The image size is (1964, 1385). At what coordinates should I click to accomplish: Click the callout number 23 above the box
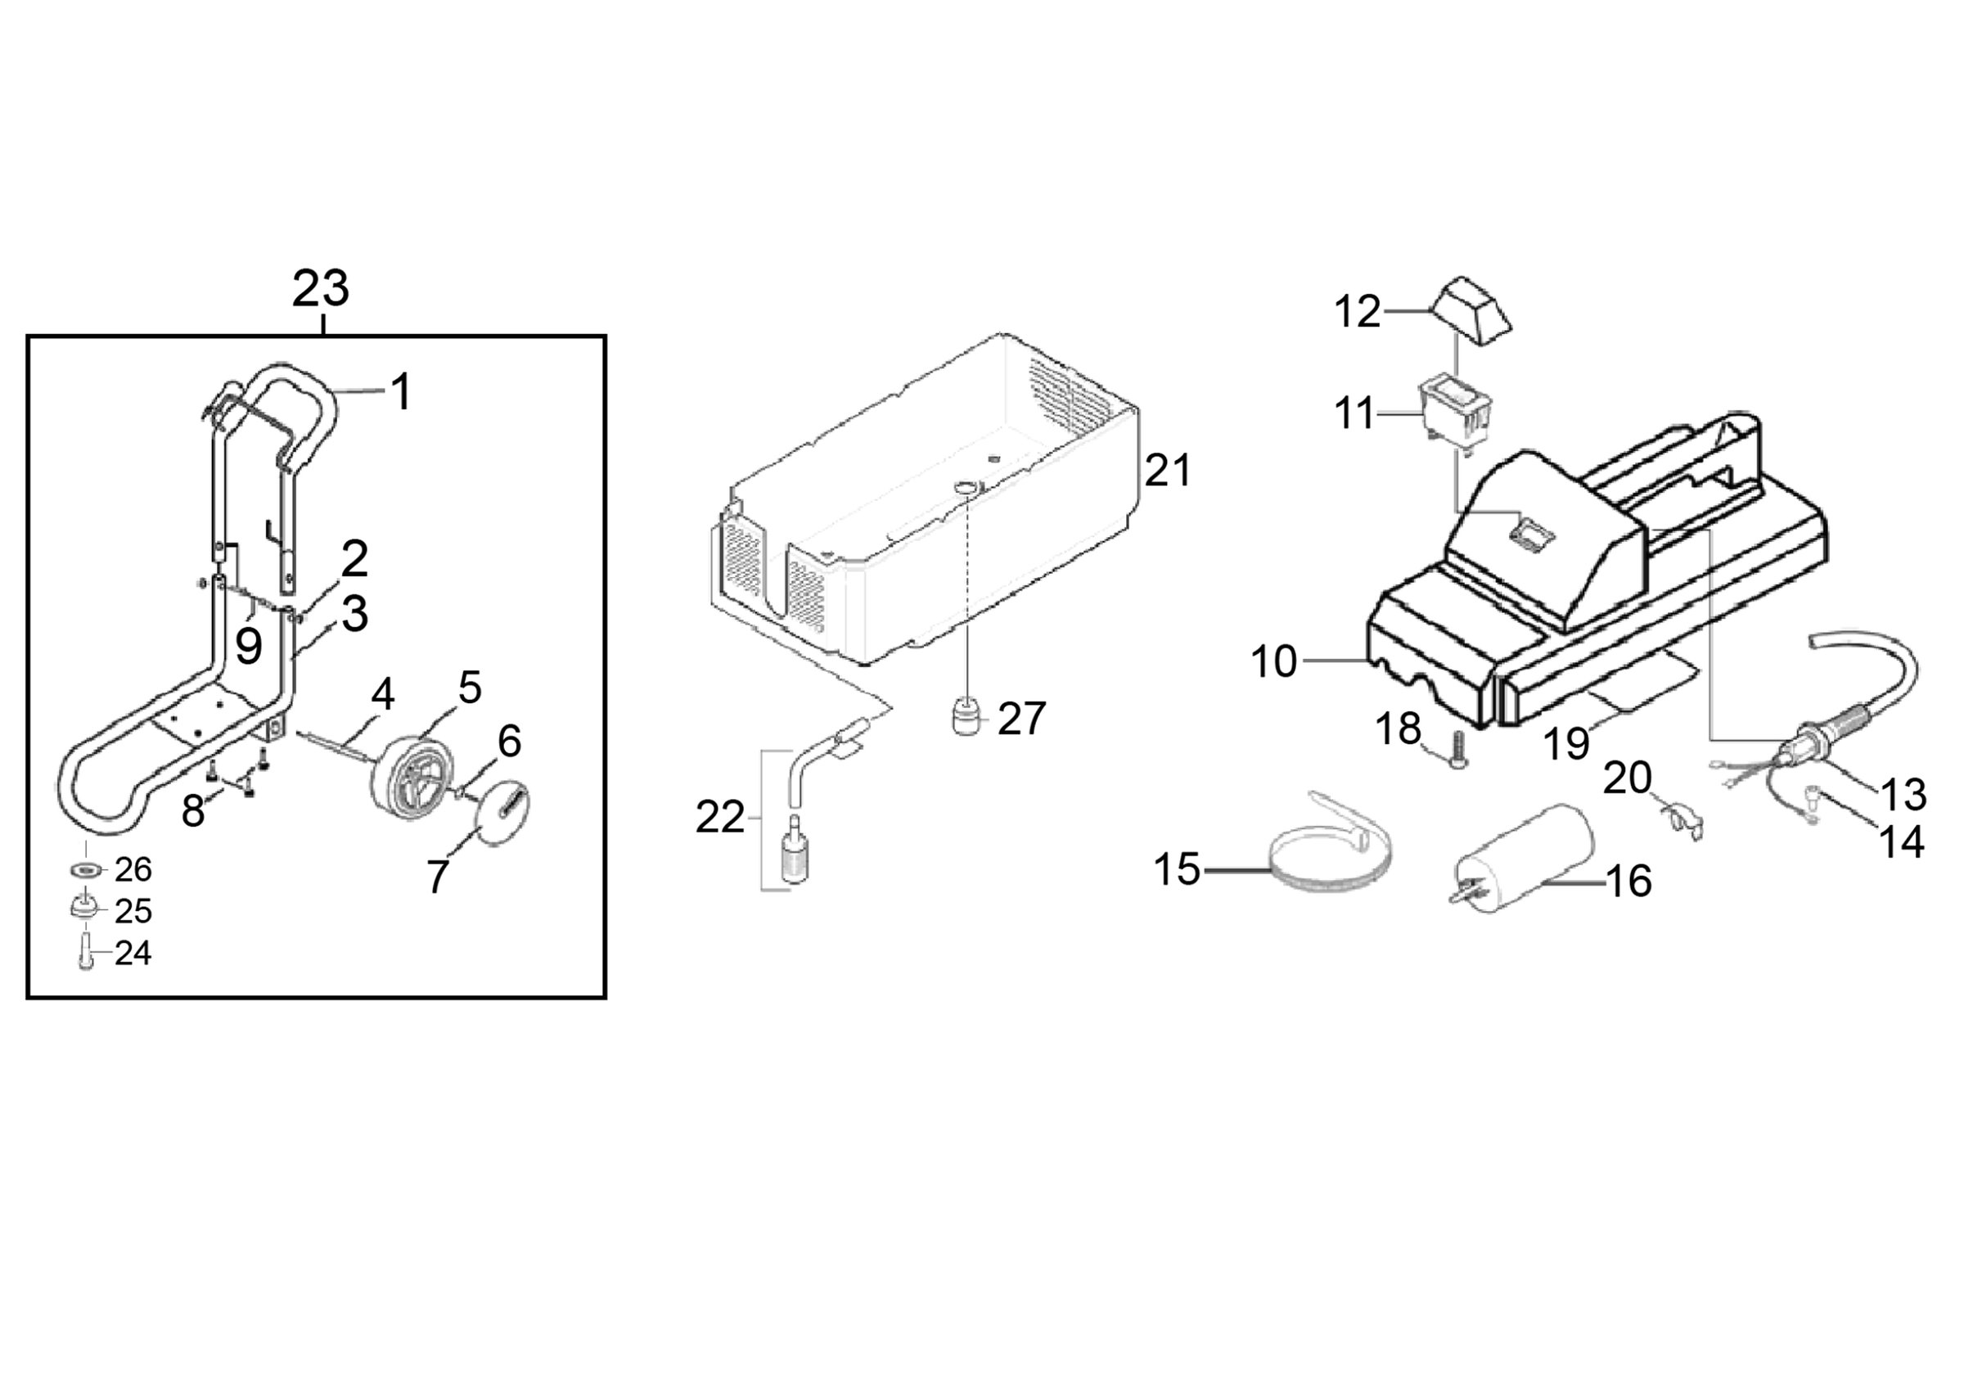tap(321, 289)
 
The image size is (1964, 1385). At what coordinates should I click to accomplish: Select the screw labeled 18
tap(1457, 751)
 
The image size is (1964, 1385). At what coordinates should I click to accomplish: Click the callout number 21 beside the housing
tap(1167, 471)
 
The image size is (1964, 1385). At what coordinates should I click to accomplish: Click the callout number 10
tap(1273, 661)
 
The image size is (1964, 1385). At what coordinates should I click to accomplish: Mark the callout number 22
tap(719, 818)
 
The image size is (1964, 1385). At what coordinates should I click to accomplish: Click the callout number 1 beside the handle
tap(400, 392)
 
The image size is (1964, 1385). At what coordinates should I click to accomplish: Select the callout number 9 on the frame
tap(248, 647)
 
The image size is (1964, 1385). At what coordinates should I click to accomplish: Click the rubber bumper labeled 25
tap(83, 908)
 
